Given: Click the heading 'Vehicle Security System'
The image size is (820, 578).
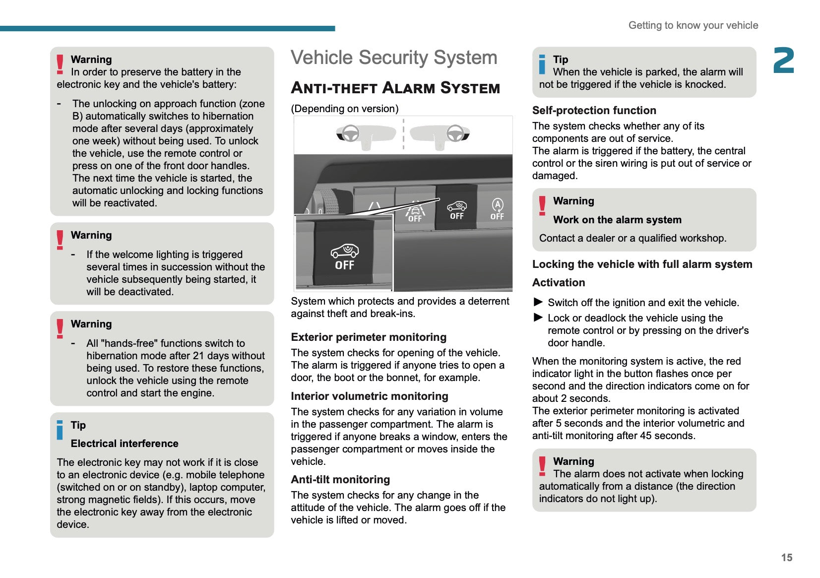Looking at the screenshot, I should coord(394,58).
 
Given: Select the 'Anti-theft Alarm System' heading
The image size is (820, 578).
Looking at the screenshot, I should coord(395,88).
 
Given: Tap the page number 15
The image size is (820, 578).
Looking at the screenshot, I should coord(786,558).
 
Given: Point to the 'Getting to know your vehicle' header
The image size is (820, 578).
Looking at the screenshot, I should coord(693,25).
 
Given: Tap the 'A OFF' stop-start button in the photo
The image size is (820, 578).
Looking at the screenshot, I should coord(497,209).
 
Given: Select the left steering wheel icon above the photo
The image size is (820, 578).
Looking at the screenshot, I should coord(351,133).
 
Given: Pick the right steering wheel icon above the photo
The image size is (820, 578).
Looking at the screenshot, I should coord(455,133).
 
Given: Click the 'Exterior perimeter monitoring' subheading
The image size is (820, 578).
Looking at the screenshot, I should coord(369,337).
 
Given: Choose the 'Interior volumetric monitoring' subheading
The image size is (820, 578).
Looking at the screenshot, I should coord(370,396).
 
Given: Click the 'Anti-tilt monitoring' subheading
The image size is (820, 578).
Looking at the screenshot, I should coord(340,480).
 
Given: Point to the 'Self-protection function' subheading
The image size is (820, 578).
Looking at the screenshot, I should coord(594,111).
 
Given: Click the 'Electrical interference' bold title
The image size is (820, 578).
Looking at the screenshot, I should coord(125,444).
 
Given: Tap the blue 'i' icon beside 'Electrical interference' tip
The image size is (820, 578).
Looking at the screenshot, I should coord(60,430).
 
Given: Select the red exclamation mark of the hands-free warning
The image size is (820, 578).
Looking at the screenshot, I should coord(60,328).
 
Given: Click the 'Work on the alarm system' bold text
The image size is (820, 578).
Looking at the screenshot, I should coord(617,220).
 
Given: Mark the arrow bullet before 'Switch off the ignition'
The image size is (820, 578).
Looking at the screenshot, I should coord(538,302).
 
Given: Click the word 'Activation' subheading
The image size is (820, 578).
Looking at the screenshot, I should coord(559,283).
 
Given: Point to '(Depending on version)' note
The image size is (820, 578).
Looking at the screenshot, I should coord(345,109).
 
